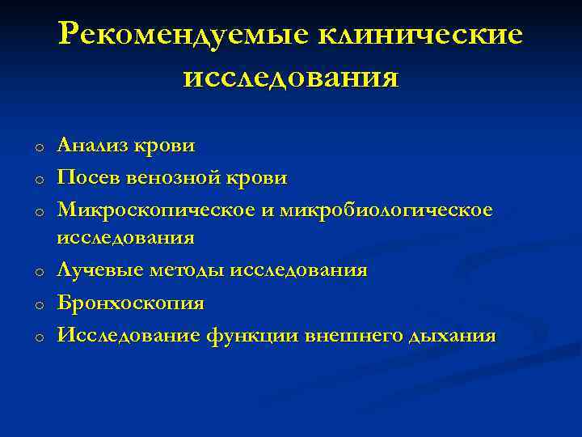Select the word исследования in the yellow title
point(291,78)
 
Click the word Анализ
point(91,146)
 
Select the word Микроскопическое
point(155,210)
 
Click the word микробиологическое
point(386,210)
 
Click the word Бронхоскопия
point(130,303)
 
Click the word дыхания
point(453,335)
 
